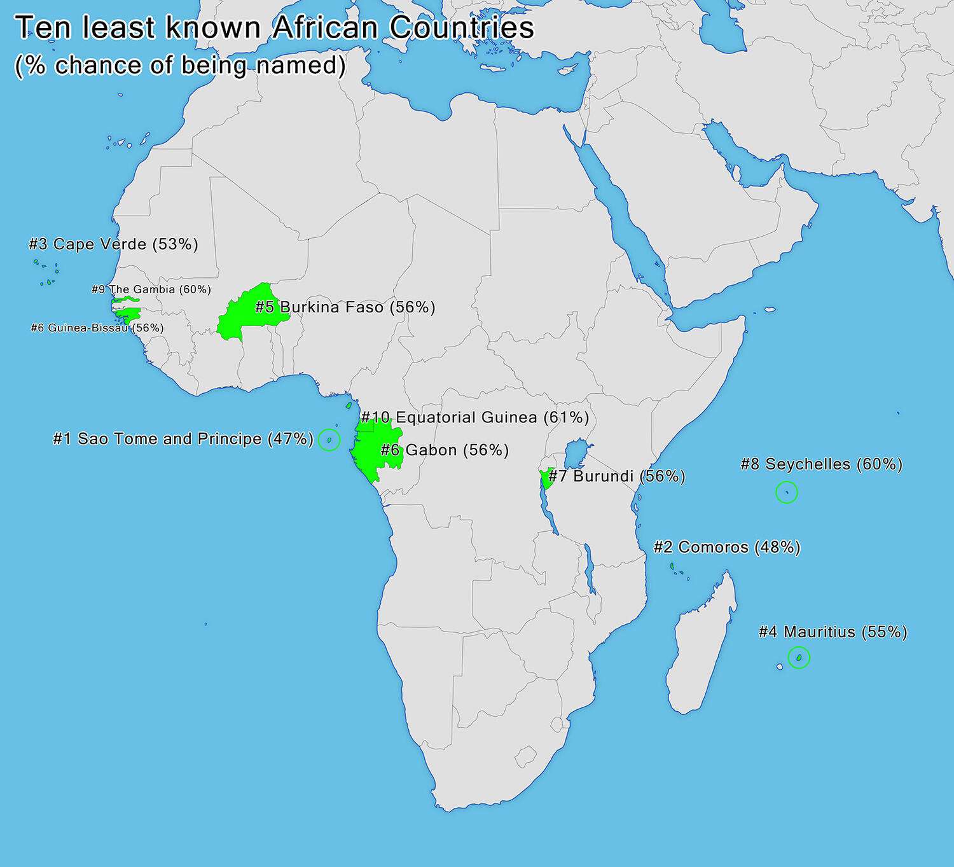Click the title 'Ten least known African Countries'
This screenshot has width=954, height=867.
274,29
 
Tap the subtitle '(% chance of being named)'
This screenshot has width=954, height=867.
180,66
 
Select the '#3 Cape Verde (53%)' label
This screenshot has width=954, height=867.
113,244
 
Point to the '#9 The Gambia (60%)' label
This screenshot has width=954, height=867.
151,289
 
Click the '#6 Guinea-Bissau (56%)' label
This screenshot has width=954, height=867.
97,328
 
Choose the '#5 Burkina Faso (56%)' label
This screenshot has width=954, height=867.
345,307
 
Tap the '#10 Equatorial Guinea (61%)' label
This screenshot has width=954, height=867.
474,417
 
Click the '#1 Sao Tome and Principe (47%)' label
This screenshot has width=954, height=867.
183,439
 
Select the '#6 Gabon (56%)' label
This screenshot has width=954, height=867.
445,450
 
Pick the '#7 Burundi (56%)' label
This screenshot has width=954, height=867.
616,476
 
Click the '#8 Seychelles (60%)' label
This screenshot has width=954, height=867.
822,464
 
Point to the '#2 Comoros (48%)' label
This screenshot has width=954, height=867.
727,547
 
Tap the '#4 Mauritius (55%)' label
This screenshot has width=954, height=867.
833,632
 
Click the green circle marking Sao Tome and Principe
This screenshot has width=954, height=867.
329,440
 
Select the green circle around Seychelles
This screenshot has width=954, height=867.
787,492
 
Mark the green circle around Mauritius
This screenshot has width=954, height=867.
799,657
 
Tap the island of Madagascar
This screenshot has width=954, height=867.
700,642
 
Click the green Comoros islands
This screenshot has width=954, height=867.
672,566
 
